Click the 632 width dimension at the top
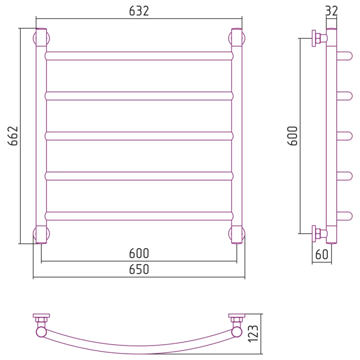(139, 11)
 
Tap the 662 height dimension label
(13, 136)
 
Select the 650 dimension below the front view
(139, 269)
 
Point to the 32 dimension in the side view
(332, 11)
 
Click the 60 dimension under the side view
(322, 254)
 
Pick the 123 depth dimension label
(253, 334)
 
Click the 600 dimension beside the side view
(292, 136)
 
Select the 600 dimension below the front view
(139, 253)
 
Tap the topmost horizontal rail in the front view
(139, 56)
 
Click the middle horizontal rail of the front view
(139, 136)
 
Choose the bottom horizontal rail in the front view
(139, 216)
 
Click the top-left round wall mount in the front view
(41, 38)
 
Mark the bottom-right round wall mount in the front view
(237, 234)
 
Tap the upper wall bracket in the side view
(319, 38)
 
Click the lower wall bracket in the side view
(319, 234)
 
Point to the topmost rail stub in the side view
(344, 56)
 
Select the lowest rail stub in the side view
(344, 216)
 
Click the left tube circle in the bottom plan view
(41, 332)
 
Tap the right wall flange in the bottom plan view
(237, 316)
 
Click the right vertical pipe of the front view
(237, 136)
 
